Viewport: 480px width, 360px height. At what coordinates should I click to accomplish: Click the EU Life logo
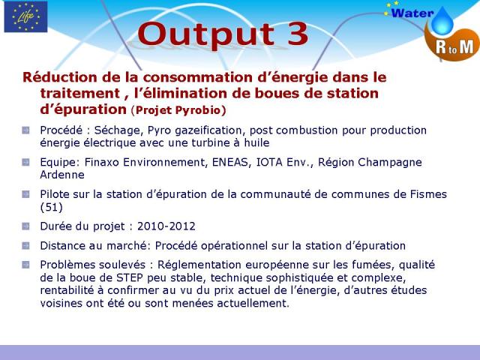pos(25,16)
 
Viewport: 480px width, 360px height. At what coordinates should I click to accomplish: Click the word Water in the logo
pos(412,13)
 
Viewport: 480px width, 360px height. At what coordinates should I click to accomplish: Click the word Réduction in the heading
pos(60,77)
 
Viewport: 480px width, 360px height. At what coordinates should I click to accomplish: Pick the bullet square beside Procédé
pos(25,130)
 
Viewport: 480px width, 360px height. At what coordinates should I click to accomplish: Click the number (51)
pos(52,207)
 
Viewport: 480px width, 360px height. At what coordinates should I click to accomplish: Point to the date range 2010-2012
pos(166,226)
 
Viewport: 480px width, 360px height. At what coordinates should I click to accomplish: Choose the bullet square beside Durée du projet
pos(25,226)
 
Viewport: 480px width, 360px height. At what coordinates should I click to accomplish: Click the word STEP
pos(130,277)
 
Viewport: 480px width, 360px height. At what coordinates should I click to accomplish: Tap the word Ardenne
pos(62,175)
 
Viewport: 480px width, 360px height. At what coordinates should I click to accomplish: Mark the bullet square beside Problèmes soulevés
pos(25,265)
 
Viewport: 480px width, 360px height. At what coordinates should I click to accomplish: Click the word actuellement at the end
pos(253,303)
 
